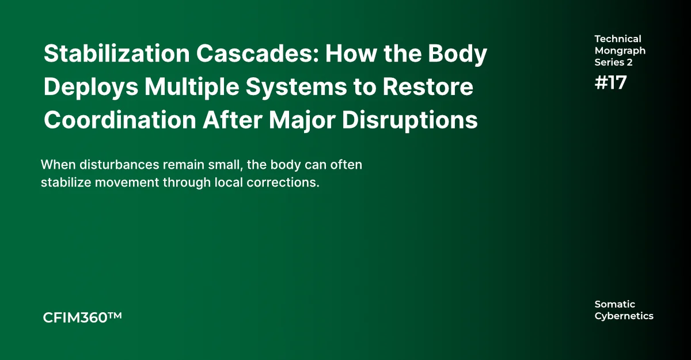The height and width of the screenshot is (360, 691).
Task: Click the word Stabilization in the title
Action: [x=116, y=54]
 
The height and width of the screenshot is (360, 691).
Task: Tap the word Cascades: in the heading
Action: [x=257, y=54]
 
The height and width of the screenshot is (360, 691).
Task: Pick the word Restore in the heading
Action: [x=428, y=86]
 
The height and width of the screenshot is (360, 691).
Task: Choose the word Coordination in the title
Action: [x=120, y=120]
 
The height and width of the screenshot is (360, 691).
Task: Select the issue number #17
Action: [x=610, y=83]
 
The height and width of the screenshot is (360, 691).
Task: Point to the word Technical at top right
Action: [x=618, y=39]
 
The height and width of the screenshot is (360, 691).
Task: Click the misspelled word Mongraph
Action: [x=620, y=51]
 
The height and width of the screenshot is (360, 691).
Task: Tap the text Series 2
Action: [x=614, y=62]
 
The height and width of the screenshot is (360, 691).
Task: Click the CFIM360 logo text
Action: [x=82, y=318]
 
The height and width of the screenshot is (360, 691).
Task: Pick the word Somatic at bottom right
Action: [x=615, y=304]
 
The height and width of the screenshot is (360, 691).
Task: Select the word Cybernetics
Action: [x=624, y=316]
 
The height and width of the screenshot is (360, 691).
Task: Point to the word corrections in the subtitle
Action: [x=283, y=183]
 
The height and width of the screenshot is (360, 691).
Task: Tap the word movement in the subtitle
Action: [x=127, y=183]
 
